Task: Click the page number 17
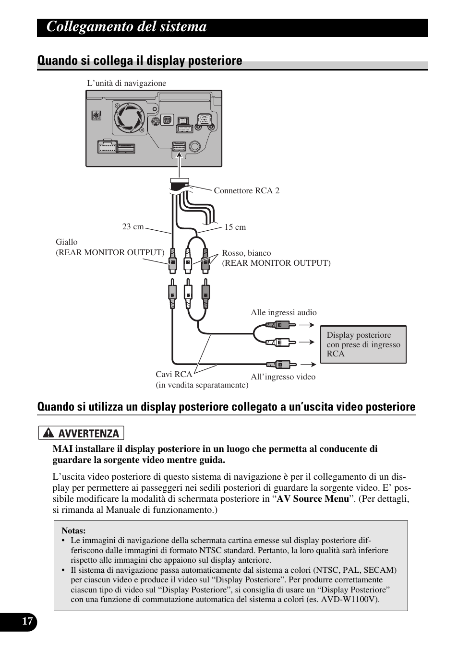pyautogui.click(x=28, y=622)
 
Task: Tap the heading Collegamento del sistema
pyautogui.click(x=127, y=27)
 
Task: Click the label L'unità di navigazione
pyautogui.click(x=126, y=83)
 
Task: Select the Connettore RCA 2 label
pyautogui.click(x=246, y=190)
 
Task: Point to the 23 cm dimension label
pyautogui.click(x=133, y=226)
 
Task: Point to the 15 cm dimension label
pyautogui.click(x=235, y=227)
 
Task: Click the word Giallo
pyautogui.click(x=66, y=242)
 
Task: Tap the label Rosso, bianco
pyautogui.click(x=246, y=253)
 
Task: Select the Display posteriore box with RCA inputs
pyautogui.click(x=363, y=344)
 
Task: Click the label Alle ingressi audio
pyautogui.click(x=283, y=312)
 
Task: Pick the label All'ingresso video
pyautogui.click(x=283, y=377)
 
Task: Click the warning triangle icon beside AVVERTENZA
pyautogui.click(x=48, y=433)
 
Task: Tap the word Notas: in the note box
pyautogui.click(x=73, y=531)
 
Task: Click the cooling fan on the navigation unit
pyautogui.click(x=129, y=118)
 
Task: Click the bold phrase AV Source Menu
pyautogui.click(x=313, y=498)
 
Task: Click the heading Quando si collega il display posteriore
pyautogui.click(x=140, y=60)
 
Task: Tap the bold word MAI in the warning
pyautogui.click(x=63, y=449)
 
